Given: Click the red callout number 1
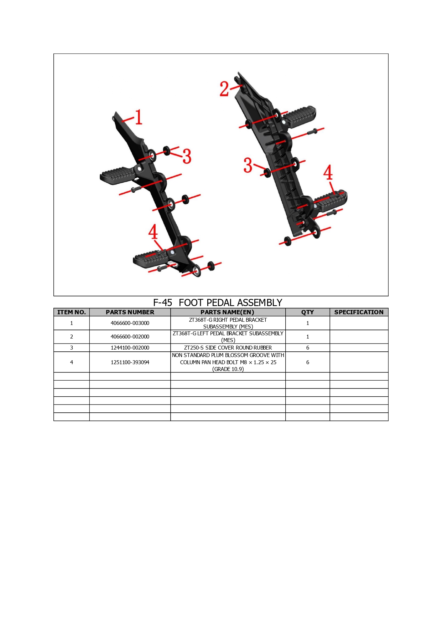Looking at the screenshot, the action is [139, 117].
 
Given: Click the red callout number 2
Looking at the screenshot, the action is [224, 89].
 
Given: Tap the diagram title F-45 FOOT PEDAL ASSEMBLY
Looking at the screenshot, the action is [218, 302].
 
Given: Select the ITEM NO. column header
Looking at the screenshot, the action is [72, 312].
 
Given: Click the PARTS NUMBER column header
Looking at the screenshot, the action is [130, 312].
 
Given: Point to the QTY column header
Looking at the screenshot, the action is [308, 312].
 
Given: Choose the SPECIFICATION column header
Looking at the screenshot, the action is [359, 312].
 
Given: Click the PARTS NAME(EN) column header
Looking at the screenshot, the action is [228, 312].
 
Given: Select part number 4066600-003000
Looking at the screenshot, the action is [130, 323].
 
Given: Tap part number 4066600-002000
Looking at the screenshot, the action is [130, 337].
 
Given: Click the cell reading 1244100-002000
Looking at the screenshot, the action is [130, 348].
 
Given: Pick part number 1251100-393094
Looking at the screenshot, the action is [130, 362].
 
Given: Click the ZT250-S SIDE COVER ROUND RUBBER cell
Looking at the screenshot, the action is [228, 348].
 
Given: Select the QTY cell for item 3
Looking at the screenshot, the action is [308, 348].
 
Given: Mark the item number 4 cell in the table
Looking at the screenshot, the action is [72, 362].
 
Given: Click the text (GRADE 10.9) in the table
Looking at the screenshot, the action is [228, 369].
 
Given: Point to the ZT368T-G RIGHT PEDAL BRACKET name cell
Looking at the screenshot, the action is [228, 323].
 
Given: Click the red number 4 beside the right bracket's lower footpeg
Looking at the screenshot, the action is [328, 172].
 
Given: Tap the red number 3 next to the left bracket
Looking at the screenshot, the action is [187, 156].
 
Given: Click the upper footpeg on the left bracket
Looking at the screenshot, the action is [118, 175].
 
